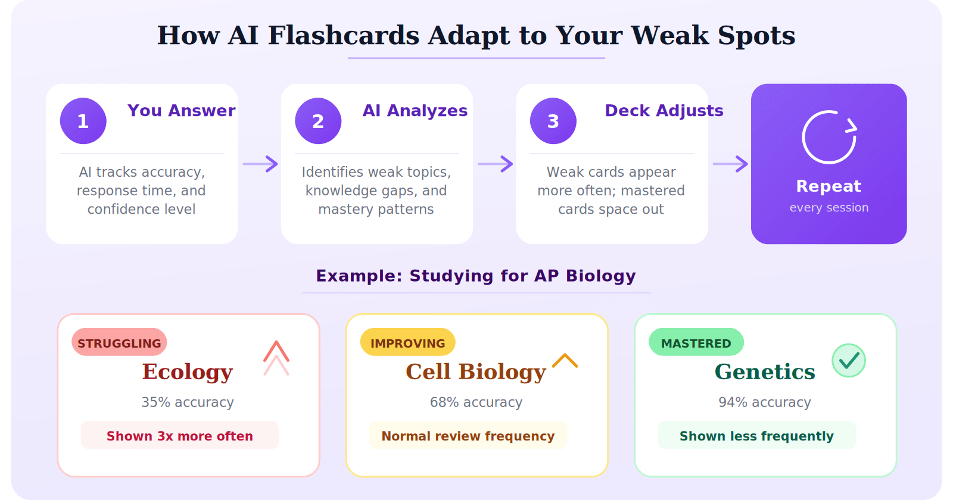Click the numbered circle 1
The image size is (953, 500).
pos(83,121)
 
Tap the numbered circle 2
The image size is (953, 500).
pos(318,121)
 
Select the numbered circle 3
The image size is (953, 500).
pos(553,121)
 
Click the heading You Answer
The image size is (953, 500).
pos(181,111)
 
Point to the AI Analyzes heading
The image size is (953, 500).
pos(415,111)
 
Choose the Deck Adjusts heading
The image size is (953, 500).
pos(664,111)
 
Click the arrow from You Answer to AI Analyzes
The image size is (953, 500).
pos(260,164)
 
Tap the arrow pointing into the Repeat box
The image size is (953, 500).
pos(730,164)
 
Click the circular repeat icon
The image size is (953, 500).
pos(829,137)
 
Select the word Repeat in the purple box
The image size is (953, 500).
pos(829,186)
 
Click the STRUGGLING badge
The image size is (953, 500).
pos(119,343)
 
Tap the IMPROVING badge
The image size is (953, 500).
pos(408,343)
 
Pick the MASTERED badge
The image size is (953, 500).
pos(696,343)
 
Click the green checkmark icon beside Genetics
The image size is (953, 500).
pos(849,360)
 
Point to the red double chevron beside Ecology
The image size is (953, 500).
pos(276,358)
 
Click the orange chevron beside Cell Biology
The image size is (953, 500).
pos(565,361)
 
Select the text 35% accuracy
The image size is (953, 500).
pos(188,402)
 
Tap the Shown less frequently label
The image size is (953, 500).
pos(756,436)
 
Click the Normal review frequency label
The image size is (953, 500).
pos(468,436)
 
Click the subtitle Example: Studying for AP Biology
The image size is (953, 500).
pos(476,276)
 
